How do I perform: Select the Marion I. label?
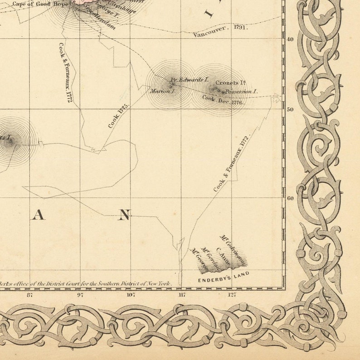coord(162,91)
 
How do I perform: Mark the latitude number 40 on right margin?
coord(290,39)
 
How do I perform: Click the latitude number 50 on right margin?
coord(290,110)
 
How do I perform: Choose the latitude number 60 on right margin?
coord(290,198)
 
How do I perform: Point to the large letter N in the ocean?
coord(124,215)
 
